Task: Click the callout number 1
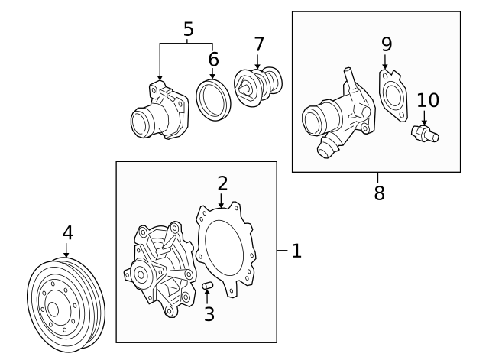[296, 250]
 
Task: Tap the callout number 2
[222, 183]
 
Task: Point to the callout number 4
[67, 232]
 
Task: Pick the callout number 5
[188, 29]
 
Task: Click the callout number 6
[213, 59]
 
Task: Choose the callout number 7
[258, 44]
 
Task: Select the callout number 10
[428, 100]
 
